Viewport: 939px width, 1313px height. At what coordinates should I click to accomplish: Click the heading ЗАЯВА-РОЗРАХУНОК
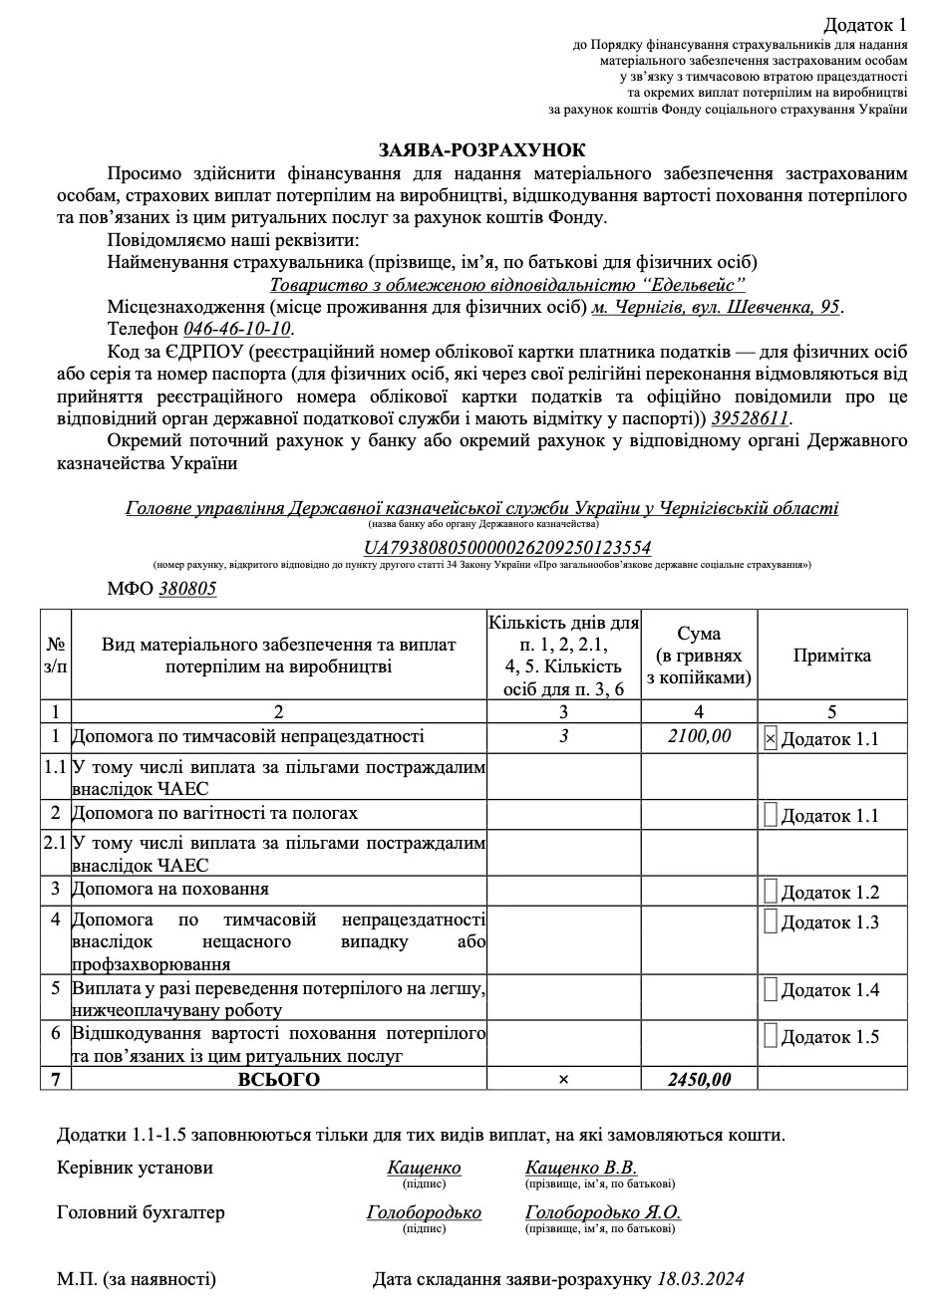click(481, 149)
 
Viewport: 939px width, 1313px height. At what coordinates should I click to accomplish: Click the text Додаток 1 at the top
click(865, 24)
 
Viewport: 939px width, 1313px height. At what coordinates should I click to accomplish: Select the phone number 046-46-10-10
click(237, 329)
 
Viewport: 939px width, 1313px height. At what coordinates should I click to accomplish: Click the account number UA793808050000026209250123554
click(507, 548)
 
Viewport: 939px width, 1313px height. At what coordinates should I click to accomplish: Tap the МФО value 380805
click(187, 588)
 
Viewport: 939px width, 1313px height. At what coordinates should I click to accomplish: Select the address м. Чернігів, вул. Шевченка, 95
click(717, 307)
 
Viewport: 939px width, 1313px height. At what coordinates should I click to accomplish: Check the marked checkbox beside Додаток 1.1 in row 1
click(770, 738)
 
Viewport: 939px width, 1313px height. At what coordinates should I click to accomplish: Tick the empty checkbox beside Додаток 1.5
click(770, 1035)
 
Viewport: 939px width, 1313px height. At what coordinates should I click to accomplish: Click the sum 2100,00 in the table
click(699, 736)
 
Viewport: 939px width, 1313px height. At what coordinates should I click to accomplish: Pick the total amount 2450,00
click(699, 1079)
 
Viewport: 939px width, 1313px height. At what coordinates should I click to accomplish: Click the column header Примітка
click(831, 655)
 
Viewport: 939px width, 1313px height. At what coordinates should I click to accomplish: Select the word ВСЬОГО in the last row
click(278, 1079)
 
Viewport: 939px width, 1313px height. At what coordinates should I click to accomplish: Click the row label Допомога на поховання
click(170, 889)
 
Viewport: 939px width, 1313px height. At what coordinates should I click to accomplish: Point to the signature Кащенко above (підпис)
click(424, 1168)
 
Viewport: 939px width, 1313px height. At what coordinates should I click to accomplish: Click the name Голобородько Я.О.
click(603, 1212)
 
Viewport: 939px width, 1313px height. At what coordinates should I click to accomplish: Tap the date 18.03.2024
click(701, 1279)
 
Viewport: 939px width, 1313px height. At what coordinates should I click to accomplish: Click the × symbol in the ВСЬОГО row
click(564, 1080)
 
